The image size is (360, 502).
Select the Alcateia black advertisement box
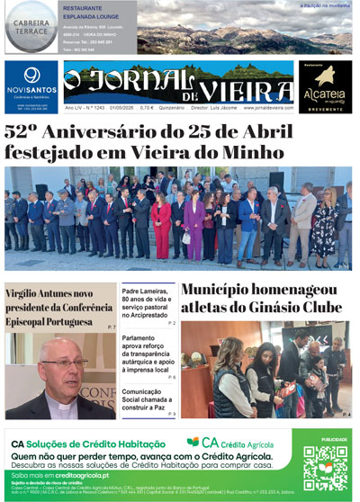pyautogui.click(x=325, y=86)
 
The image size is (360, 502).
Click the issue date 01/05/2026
pyautogui.click(x=121, y=108)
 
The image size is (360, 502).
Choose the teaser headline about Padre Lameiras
pyautogui.click(x=148, y=302)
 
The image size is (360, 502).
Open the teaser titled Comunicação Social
pyautogui.click(x=148, y=398)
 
